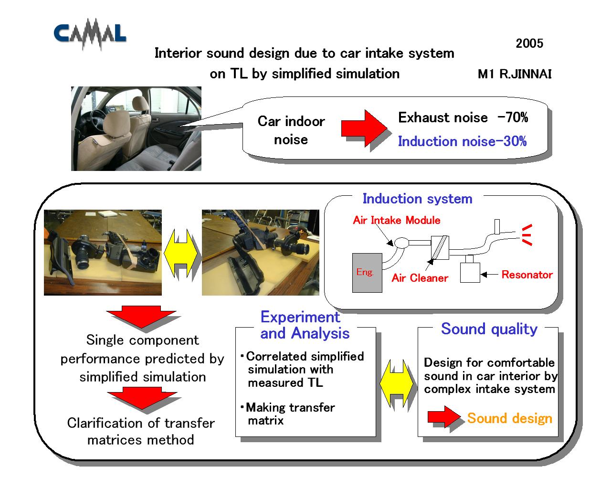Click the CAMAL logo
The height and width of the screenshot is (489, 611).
pos(90,34)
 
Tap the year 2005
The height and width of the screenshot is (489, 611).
pos(529,43)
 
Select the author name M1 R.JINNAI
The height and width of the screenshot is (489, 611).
pos(515,74)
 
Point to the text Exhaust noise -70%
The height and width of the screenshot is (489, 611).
pos(463,117)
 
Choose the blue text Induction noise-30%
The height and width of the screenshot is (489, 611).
pos(462,141)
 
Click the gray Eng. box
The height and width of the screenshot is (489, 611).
pos(367,273)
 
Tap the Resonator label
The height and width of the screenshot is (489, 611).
pos(527,275)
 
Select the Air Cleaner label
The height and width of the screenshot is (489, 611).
pos(420,278)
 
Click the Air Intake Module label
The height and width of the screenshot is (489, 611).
pos(397,220)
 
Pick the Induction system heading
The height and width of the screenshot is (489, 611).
pos(417,199)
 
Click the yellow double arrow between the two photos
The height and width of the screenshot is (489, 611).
pos(180,253)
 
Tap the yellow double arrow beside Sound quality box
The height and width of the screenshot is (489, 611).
pos(396,383)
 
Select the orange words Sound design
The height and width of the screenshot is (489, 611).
pos(510,418)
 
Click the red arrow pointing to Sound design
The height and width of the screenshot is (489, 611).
pos(444,417)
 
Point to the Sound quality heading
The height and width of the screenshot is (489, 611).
pos(489,329)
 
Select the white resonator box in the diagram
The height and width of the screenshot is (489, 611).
pos(470,273)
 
